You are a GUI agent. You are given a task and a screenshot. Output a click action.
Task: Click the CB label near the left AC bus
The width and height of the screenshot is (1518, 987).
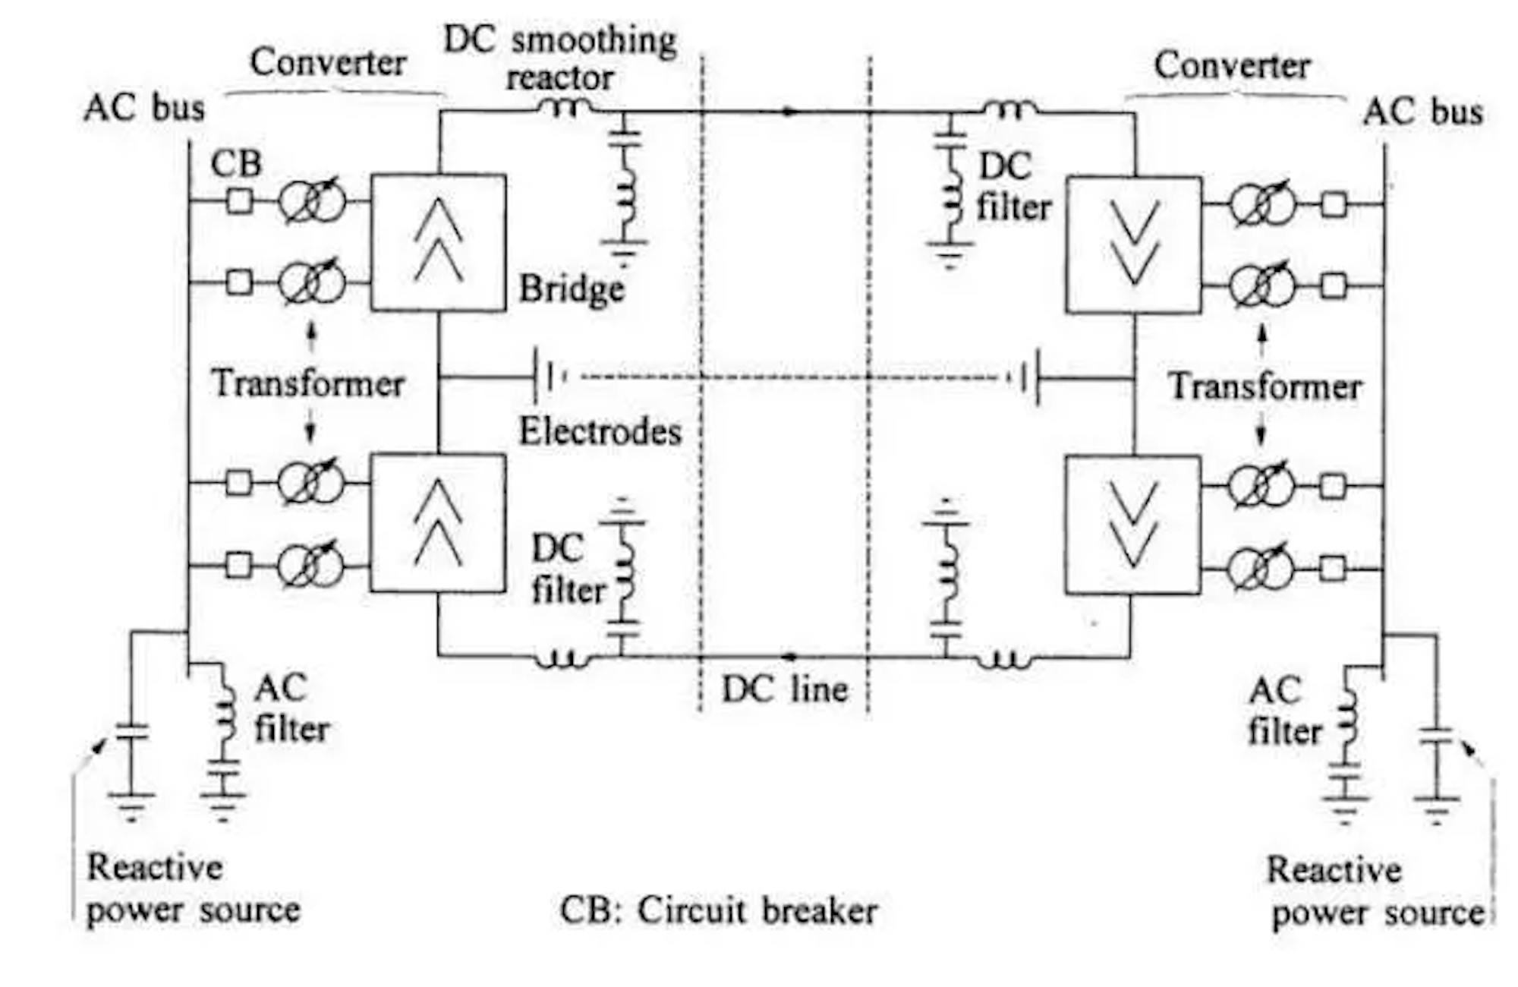pyautogui.click(x=236, y=163)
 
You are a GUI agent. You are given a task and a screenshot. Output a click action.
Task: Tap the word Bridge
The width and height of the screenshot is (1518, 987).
pyautogui.click(x=572, y=289)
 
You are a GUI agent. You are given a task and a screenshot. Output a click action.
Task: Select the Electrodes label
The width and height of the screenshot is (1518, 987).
pyautogui.click(x=600, y=432)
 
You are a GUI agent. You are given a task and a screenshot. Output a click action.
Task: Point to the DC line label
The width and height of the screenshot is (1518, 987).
pyautogui.click(x=784, y=689)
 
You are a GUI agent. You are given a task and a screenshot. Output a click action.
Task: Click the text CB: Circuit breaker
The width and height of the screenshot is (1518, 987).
pyautogui.click(x=718, y=910)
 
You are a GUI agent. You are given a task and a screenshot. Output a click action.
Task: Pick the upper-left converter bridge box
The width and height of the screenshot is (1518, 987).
pyautogui.click(x=439, y=242)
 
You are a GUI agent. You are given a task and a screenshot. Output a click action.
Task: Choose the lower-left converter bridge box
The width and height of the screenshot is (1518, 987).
pyautogui.click(x=438, y=523)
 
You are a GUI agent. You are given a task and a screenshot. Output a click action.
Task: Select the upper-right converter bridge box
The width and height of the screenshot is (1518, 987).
pyautogui.click(x=1133, y=244)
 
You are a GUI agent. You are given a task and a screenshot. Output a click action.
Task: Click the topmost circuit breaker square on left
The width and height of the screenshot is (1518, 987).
pyautogui.click(x=240, y=201)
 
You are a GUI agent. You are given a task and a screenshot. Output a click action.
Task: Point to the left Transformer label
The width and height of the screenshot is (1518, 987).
pyautogui.click(x=307, y=383)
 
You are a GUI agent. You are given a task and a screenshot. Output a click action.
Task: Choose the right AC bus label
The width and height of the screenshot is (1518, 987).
pyautogui.click(x=1422, y=112)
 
